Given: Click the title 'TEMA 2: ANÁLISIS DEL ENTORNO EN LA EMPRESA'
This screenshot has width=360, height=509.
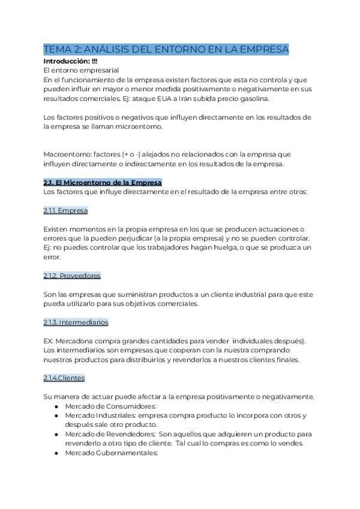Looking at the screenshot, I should point(166,49).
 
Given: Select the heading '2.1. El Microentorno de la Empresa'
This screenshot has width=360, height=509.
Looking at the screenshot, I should point(103,182).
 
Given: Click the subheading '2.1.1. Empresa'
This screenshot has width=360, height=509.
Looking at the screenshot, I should point(65,211).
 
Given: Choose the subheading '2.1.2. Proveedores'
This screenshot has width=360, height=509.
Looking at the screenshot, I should point(72,276).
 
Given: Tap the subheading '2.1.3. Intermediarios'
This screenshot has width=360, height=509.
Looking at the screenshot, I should point(76,322).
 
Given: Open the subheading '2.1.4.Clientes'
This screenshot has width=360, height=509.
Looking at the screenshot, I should point(64,378).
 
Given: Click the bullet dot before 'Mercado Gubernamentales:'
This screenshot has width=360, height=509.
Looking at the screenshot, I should point(56,453).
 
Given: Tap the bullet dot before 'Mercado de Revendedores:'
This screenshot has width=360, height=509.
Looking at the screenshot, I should point(56,434).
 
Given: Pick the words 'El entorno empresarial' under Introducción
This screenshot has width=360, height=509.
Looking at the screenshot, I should point(81,70).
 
